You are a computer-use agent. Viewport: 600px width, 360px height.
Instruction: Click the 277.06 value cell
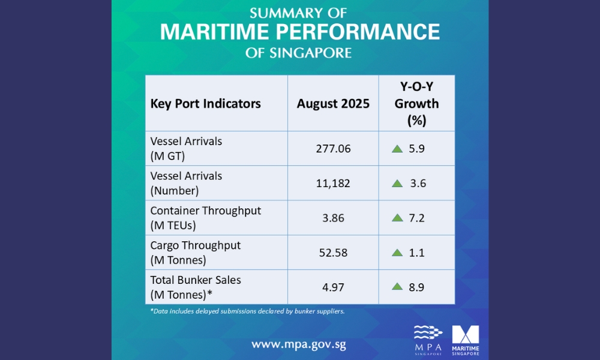pos(333,148)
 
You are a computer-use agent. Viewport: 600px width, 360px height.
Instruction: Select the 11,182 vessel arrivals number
pos(333,183)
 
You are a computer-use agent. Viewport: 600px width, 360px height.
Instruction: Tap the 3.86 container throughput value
pos(333,218)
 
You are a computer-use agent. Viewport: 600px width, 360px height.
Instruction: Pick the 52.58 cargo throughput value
pos(333,253)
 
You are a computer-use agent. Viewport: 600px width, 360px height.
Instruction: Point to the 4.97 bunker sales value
pos(333,287)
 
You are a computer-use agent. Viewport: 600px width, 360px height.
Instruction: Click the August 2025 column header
pos(333,104)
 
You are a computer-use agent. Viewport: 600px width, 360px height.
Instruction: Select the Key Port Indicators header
pos(205,104)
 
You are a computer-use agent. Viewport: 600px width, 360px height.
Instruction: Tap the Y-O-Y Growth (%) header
pos(416,103)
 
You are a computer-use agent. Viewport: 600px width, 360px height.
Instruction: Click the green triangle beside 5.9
pos(397,149)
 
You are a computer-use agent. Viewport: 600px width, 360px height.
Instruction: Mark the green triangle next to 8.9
pos(397,287)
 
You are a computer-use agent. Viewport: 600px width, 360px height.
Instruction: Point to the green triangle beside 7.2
pos(397,218)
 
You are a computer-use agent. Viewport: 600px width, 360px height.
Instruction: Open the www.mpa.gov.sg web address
pos(299,344)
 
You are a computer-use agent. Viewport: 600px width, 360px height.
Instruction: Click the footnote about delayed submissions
pos(247,311)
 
